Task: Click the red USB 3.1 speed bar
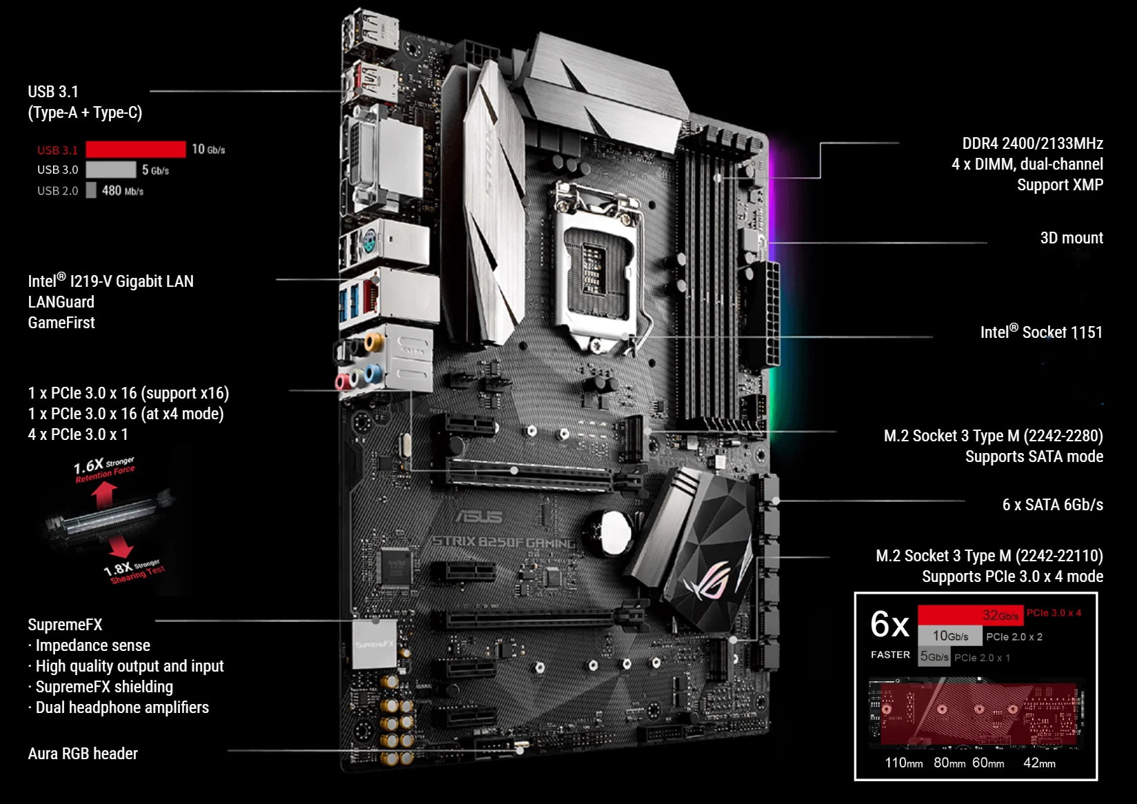tap(136, 149)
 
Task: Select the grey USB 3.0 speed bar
tap(110, 170)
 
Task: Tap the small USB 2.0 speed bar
tap(91, 190)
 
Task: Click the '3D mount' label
tap(1071, 237)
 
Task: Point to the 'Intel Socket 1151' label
tap(1042, 332)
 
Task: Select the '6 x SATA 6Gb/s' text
tap(1053, 505)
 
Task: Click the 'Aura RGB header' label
tap(83, 753)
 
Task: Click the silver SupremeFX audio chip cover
tap(374, 643)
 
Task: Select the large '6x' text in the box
tap(889, 624)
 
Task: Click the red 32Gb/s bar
tap(971, 614)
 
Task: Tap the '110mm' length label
tap(903, 763)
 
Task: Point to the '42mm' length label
tap(1039, 763)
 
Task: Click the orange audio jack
tap(374, 341)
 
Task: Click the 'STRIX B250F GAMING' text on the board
tap(503, 542)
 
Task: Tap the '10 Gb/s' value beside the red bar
tap(208, 149)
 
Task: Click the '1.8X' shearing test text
tap(119, 569)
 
